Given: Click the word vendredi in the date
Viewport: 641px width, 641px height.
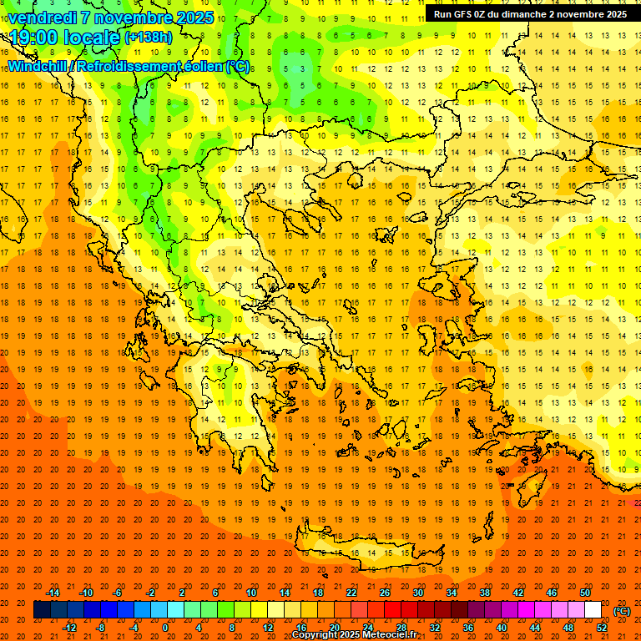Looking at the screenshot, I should click(41, 18).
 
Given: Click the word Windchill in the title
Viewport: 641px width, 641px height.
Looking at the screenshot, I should click(37, 66).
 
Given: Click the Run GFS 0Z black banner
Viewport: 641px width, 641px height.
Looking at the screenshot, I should click(530, 14).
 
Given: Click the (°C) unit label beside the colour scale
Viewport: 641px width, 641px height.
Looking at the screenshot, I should click(622, 611).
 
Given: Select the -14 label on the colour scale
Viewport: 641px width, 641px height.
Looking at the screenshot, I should click(53, 593).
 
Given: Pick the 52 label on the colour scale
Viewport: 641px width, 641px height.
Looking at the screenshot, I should click(602, 628).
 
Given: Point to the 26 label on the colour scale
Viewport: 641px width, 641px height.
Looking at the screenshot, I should click(385, 593).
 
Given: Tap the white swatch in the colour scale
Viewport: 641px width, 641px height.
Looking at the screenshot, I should click(593, 610).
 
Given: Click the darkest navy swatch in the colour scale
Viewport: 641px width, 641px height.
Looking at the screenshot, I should click(43, 610).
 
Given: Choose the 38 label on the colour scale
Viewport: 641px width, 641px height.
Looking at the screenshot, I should click(485, 593).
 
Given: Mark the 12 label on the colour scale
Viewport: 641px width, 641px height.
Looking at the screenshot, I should click(268, 628).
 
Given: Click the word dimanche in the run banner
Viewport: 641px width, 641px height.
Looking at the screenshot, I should click(518, 14).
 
